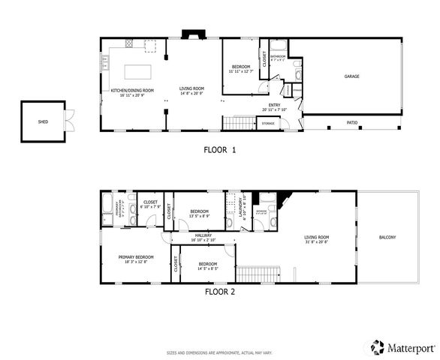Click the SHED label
tap(43, 120)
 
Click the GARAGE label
tap(351, 76)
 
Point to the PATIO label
tap(351, 123)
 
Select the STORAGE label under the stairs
tap(268, 123)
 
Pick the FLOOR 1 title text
tap(220, 149)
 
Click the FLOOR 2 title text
tap(220, 292)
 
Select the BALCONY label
tap(387, 238)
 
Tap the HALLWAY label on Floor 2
tap(203, 235)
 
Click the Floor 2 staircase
tap(258, 274)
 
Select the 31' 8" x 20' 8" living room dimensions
tap(318, 242)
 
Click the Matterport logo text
tap(410, 347)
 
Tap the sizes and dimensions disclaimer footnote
tap(220, 352)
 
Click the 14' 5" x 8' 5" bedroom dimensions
tap(208, 268)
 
